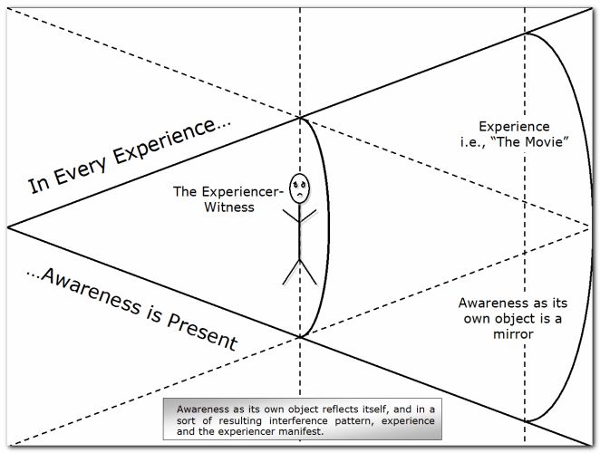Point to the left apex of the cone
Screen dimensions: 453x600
tap(8, 226)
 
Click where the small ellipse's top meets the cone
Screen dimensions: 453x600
tap(300, 116)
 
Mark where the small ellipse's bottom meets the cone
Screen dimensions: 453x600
tap(300, 337)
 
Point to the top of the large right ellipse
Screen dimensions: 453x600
tap(527, 33)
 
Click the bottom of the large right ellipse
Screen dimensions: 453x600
tap(527, 421)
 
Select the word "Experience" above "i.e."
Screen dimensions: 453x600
tap(515, 126)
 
